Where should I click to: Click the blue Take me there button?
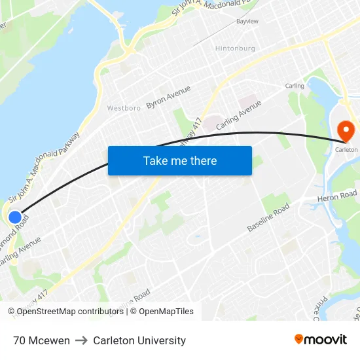(x=179, y=160)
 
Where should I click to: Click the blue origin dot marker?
(x=15, y=217)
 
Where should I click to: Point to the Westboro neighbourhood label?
(x=124, y=108)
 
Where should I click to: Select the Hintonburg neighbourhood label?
(x=236, y=48)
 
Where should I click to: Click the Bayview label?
(x=247, y=22)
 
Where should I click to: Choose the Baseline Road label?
(x=268, y=217)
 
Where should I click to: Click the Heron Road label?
(x=336, y=195)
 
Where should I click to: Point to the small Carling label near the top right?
(x=295, y=86)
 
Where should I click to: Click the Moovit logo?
(x=321, y=339)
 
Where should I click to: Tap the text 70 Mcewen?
(x=41, y=340)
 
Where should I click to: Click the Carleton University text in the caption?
(x=139, y=340)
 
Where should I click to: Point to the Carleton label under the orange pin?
(x=346, y=149)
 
